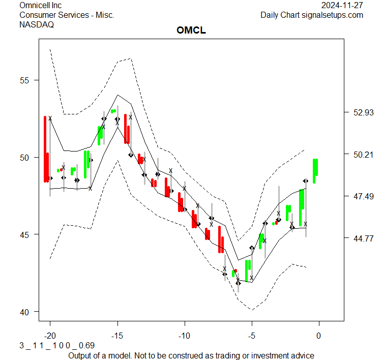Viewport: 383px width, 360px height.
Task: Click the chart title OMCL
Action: point(191,31)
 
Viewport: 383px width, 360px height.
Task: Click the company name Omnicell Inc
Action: point(40,5)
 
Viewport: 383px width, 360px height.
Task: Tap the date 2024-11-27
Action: point(342,5)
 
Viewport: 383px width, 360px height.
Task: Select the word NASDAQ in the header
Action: point(37,24)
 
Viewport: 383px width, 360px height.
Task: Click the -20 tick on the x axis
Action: point(50,336)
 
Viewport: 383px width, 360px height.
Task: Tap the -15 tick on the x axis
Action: point(117,336)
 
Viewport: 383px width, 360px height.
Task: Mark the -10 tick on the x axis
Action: point(184,336)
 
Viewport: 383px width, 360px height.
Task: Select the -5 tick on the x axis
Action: point(251,336)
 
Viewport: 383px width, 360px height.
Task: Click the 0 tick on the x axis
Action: point(319,336)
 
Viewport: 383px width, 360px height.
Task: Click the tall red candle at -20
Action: point(45,148)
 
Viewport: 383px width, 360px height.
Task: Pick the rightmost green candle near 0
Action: point(315,170)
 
